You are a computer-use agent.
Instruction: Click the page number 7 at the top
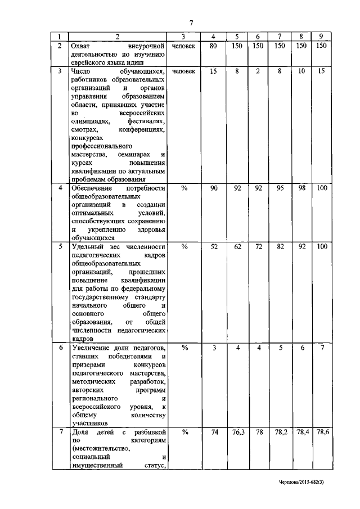point(191,23)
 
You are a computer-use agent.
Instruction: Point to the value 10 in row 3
point(301,72)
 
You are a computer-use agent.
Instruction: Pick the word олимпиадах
point(89,121)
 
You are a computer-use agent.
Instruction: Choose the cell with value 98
point(301,188)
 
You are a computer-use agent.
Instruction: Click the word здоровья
point(151,229)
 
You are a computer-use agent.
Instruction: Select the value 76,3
point(237,432)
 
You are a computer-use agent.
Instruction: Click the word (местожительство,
point(100,448)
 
